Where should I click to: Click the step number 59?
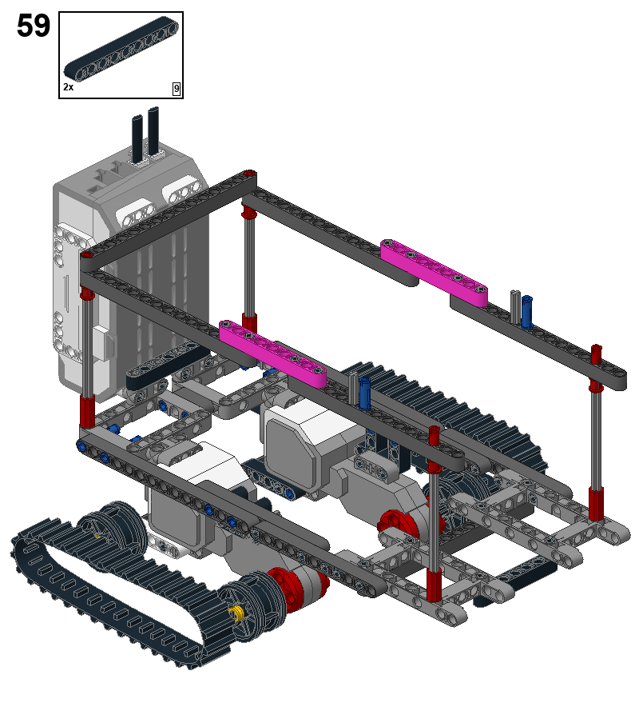[34, 26]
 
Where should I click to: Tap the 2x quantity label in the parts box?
[69, 86]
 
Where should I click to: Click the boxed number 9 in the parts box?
[177, 89]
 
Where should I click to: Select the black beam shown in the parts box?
[121, 49]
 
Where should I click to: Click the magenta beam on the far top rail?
[434, 272]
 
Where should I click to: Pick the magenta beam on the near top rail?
[273, 354]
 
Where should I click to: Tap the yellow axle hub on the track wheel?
[237, 613]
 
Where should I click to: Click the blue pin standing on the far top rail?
[527, 312]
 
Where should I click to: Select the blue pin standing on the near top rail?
[364, 393]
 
